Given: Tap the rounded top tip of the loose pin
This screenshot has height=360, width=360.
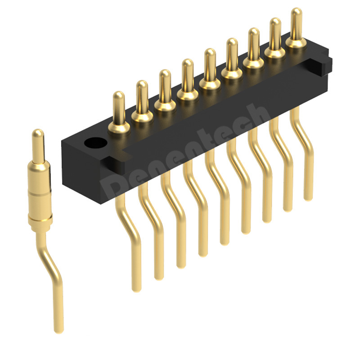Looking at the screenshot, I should point(38,134).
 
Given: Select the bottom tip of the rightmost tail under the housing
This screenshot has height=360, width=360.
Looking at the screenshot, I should point(308,197).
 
